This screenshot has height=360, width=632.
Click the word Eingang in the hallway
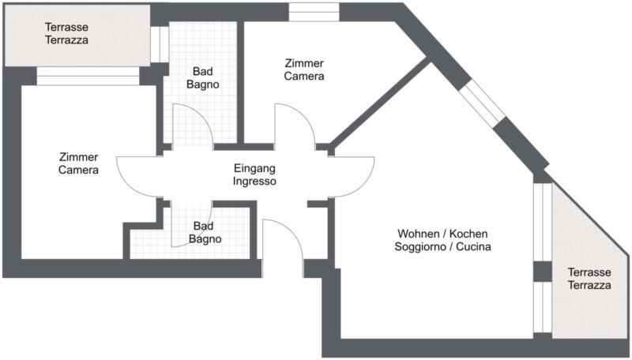tap(254, 168)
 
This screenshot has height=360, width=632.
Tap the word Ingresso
tap(254, 182)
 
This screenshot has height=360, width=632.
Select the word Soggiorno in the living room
tap(420, 246)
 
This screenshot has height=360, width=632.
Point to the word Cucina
tap(473, 246)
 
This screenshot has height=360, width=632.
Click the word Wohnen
tap(419, 234)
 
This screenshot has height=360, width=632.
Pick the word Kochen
tap(468, 234)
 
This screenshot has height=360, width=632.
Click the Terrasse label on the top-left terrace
tap(66, 27)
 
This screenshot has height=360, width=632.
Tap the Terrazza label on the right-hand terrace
tap(589, 285)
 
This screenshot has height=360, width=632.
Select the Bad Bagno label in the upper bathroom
tap(203, 77)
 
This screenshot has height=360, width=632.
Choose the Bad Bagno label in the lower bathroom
tap(205, 232)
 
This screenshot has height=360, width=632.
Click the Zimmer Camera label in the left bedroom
tap(78, 163)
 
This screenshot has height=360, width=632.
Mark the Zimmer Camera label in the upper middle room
tap(304, 69)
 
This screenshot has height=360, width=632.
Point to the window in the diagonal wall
tap(483, 103)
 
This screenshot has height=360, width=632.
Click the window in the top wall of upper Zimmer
tap(314, 12)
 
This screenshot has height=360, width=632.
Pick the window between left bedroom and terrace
tap(88, 76)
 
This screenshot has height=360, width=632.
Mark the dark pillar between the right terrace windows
tap(543, 272)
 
